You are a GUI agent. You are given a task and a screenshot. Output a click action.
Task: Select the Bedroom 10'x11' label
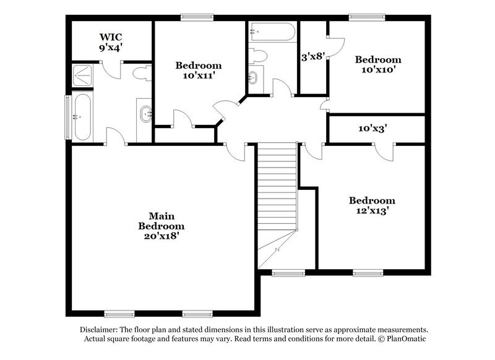coord(198,71)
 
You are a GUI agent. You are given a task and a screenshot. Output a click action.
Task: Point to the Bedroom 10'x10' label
coord(377,65)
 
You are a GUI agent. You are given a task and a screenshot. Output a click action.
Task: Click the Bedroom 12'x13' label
coord(372,205)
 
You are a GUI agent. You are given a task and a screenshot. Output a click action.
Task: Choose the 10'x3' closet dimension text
coord(373,129)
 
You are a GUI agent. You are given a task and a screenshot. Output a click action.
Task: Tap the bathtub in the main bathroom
coord(82,116)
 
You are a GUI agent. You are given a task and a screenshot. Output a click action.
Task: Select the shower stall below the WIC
coord(83,75)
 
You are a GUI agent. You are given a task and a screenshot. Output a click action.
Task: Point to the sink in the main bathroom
coord(145,114)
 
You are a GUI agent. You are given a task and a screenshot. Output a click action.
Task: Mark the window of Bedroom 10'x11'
coord(197,17)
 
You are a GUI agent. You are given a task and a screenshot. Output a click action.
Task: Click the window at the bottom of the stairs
coord(288,272)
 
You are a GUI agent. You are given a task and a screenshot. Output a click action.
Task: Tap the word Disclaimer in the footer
coord(100,330)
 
